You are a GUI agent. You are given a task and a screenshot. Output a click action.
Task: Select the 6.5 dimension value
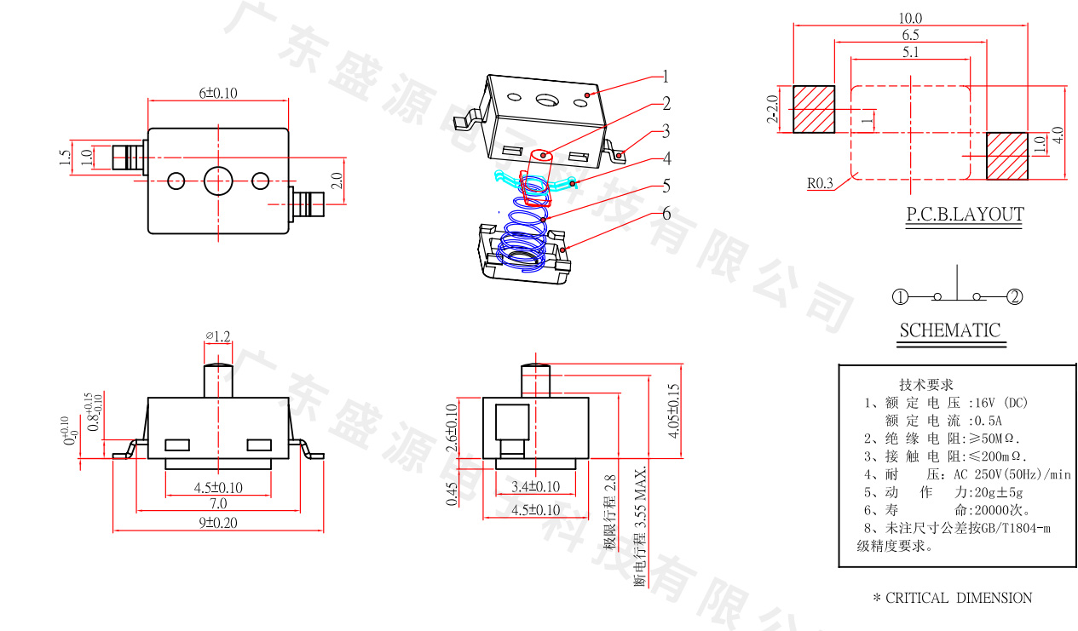pos(910,35)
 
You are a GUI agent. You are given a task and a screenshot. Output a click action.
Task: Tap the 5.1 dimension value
pos(910,52)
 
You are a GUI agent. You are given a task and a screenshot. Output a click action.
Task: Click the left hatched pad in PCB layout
pos(814,109)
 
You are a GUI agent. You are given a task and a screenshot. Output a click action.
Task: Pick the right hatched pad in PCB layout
pos(1007,156)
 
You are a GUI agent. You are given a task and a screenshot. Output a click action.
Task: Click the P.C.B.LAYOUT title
pos(964,214)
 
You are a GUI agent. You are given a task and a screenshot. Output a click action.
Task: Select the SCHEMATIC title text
pos(950,330)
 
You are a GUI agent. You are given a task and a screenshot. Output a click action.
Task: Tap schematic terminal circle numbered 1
pos(901,297)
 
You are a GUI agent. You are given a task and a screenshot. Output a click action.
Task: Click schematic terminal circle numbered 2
pos(1014,297)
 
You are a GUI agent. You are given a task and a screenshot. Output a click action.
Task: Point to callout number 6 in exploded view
pos(667,213)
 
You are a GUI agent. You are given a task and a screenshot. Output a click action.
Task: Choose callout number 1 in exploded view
pos(666,77)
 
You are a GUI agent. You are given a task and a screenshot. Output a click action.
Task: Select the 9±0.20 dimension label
pos(218,522)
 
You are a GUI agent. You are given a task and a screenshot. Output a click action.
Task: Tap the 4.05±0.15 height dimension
pos(674,411)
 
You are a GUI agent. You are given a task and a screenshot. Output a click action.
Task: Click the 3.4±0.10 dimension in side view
pos(535,486)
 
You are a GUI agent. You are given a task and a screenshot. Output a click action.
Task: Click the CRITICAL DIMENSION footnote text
pos(952,598)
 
